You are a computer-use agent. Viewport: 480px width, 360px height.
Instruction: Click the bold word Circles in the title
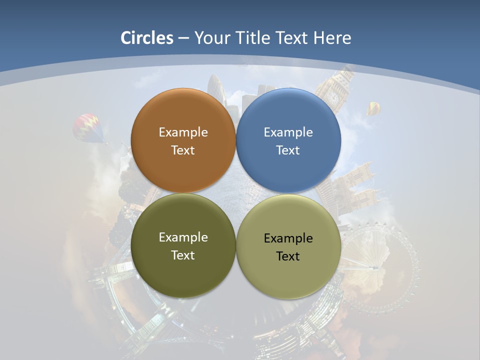147,38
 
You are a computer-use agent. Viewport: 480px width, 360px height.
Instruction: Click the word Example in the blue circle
288,132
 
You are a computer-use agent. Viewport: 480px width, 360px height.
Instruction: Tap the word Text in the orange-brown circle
183,150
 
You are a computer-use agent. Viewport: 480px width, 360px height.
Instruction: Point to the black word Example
288,238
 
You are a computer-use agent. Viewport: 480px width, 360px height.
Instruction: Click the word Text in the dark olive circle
183,255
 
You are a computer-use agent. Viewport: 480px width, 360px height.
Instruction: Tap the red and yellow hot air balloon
88,127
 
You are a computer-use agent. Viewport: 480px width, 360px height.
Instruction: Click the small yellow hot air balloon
373,107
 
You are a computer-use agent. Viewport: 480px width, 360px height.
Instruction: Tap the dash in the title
183,38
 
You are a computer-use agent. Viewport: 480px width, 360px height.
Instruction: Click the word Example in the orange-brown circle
183,132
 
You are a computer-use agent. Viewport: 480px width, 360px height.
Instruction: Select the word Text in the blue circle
288,150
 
